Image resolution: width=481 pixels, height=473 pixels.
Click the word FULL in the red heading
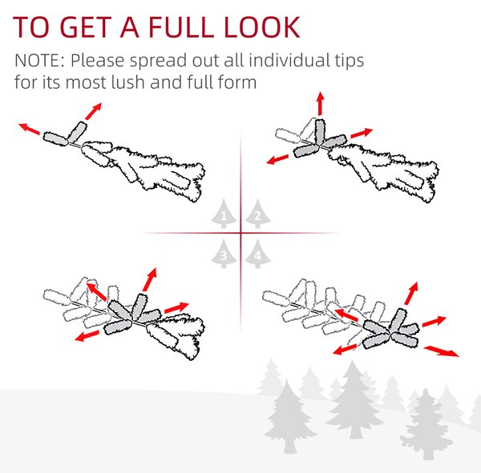click(x=181, y=27)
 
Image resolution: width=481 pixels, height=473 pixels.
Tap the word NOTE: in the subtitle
click(x=39, y=60)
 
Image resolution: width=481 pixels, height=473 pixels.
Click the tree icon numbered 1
click(x=224, y=214)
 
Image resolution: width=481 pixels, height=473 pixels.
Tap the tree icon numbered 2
click(x=257, y=214)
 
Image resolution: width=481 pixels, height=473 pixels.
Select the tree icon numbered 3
click(x=224, y=254)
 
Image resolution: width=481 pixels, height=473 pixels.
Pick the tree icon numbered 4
click(x=257, y=254)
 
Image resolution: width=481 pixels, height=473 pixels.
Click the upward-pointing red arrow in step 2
click(x=321, y=103)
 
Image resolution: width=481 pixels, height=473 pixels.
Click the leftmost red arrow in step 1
click(x=29, y=129)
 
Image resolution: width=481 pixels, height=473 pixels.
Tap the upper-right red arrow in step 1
click(x=93, y=111)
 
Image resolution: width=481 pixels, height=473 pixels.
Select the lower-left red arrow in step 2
click(x=277, y=159)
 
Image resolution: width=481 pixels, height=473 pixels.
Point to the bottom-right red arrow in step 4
click(x=441, y=351)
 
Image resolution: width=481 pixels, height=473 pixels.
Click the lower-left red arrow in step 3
click(x=87, y=336)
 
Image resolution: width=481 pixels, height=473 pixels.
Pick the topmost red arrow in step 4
click(x=411, y=293)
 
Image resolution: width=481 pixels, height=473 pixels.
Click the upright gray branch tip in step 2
click(x=319, y=132)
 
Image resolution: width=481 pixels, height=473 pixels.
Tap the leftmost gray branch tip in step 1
click(x=55, y=138)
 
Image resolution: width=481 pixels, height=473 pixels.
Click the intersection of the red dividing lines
click(x=240, y=233)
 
